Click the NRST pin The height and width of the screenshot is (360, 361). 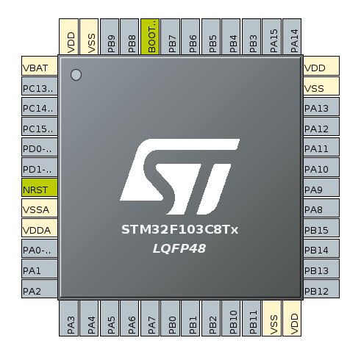click(x=40, y=187)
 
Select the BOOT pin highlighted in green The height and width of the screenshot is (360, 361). click(x=150, y=37)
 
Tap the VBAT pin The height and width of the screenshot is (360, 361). click(x=40, y=65)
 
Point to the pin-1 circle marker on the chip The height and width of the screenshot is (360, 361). click(x=76, y=75)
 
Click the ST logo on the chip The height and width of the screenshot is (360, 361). click(x=179, y=176)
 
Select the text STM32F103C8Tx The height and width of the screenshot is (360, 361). click(x=179, y=229)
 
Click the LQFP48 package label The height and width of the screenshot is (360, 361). click(x=179, y=248)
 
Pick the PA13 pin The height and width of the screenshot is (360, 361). click(x=321, y=107)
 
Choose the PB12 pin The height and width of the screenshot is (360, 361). click(x=321, y=289)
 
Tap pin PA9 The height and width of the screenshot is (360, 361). click(x=321, y=187)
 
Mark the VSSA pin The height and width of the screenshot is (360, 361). click(x=40, y=208)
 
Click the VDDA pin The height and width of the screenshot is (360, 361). click(x=40, y=228)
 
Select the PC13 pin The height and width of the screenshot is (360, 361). click(x=40, y=86)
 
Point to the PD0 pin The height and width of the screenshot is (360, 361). click(x=40, y=147)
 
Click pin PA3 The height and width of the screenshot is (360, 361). click(x=68, y=318)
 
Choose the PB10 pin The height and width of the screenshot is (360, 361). click(x=231, y=318)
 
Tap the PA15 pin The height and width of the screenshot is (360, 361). click(x=271, y=37)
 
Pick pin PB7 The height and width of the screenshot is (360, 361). click(x=171, y=37)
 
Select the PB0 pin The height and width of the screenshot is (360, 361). click(x=171, y=318)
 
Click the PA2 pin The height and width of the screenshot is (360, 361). click(x=40, y=289)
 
